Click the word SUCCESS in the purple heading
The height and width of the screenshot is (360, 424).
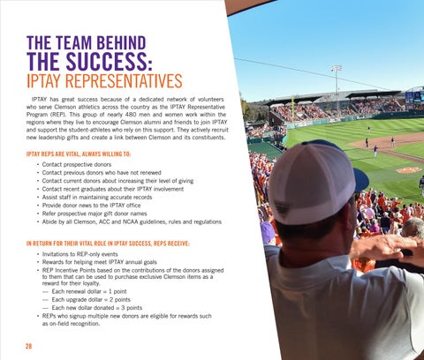pos(109,61)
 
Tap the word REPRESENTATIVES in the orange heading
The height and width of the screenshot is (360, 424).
pos(124,81)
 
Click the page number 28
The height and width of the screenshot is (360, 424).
pos(28,346)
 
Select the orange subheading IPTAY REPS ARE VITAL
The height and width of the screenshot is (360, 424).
pos(79,154)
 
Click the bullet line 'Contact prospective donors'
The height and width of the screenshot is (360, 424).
pos(77,164)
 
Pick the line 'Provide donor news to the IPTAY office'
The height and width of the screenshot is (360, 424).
pos(91,206)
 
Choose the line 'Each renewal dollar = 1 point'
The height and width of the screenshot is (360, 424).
pos(89,291)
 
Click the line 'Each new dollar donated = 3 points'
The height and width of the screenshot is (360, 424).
pos(97,308)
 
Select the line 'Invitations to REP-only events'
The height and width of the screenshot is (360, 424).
pos(79,254)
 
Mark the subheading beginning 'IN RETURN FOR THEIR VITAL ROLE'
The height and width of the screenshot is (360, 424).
pos(108,244)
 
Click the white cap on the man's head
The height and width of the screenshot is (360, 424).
pos(312,184)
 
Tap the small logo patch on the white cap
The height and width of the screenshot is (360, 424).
pos(283,210)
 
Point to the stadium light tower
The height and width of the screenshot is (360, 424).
pos(337,79)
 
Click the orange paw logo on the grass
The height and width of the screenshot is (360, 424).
pos(409,170)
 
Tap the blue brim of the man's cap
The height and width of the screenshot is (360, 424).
pos(361,179)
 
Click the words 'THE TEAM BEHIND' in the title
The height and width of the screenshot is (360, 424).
pos(87,43)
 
